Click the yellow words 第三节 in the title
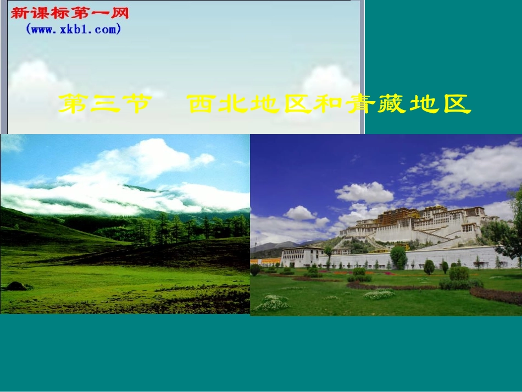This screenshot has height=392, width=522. (x=104, y=104)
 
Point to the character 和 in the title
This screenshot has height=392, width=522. (x=329, y=104)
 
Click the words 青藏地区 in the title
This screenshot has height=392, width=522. (x=409, y=104)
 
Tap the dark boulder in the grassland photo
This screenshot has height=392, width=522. (x=16, y=286)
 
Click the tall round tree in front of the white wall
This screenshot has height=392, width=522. (x=398, y=257)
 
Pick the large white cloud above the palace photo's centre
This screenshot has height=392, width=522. (x=364, y=192)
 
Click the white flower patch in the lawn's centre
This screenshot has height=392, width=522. (x=379, y=294)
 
